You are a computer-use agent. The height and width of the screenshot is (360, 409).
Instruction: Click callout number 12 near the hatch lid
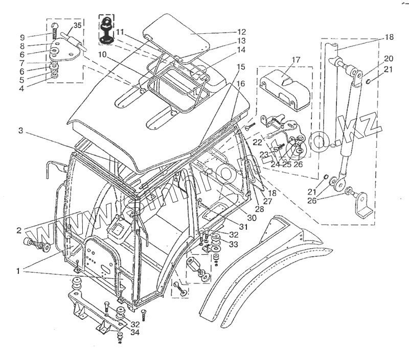coord(241,32)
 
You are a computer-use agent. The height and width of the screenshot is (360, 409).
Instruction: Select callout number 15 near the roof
coord(241,67)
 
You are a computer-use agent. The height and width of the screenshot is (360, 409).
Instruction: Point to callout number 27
coord(267,201)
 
